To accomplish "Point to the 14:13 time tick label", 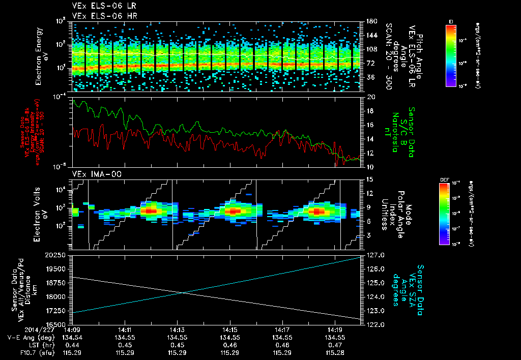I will (x=177, y=329).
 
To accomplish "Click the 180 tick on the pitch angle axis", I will (x=371, y=21).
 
